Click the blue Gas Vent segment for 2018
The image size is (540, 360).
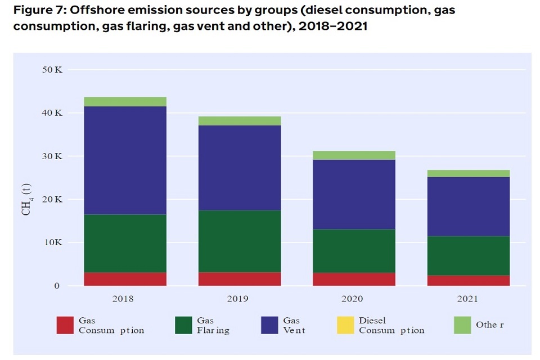pos(125,160)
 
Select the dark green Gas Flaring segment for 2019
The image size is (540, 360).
pos(239,241)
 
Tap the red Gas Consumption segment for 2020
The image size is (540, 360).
pos(353,279)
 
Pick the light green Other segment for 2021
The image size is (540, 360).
pos(468,173)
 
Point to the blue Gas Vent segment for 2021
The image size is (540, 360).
pos(468,206)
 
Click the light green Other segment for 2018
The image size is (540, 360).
pos(125,101)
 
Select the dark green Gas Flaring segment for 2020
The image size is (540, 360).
pos(353,251)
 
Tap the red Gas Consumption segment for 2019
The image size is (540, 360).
pos(239,278)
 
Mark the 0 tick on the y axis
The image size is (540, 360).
pos(57,286)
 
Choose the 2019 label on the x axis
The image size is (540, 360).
pos(238,299)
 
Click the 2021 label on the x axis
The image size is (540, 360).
pos(467,299)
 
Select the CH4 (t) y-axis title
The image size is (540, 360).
pos(26,200)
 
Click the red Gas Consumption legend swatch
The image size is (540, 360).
pos(65,326)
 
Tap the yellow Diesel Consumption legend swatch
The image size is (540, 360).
pos(345,326)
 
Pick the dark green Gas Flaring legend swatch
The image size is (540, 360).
pos(183,326)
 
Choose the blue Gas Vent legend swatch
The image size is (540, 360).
pos(270,326)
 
